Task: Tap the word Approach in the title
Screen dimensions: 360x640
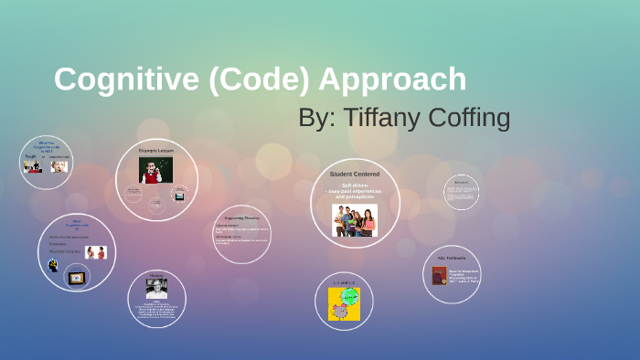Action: [392, 79]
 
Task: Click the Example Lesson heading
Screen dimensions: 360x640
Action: [156, 149]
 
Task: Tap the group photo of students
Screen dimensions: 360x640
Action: [354, 220]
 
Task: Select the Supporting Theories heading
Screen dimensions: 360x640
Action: [240, 217]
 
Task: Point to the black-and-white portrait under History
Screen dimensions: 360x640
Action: [156, 289]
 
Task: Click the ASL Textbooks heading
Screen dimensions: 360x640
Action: [453, 258]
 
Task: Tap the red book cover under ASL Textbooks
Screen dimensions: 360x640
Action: [440, 275]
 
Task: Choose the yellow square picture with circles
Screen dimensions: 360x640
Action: [344, 304]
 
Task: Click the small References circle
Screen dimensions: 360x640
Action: [462, 193]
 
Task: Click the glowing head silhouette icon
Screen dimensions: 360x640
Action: [54, 265]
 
